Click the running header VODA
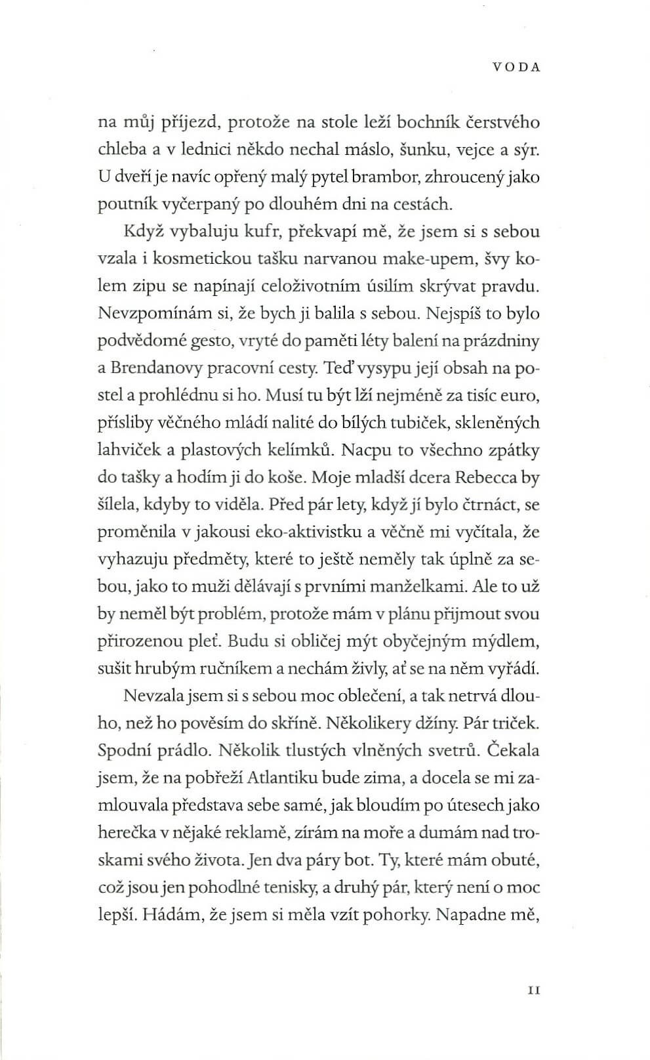pyautogui.click(x=516, y=67)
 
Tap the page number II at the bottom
pyautogui.click(x=533, y=971)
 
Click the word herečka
pyautogui.click(x=125, y=833)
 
